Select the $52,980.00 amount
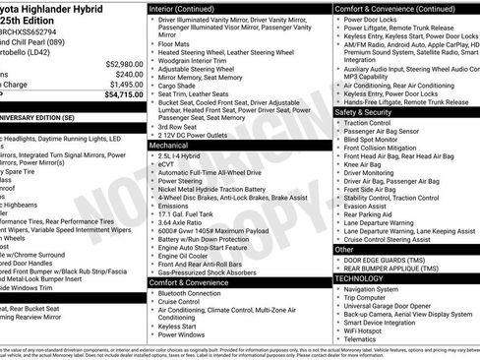tap(120, 62)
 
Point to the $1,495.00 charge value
tap(123, 86)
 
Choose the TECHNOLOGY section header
tap(367, 278)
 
